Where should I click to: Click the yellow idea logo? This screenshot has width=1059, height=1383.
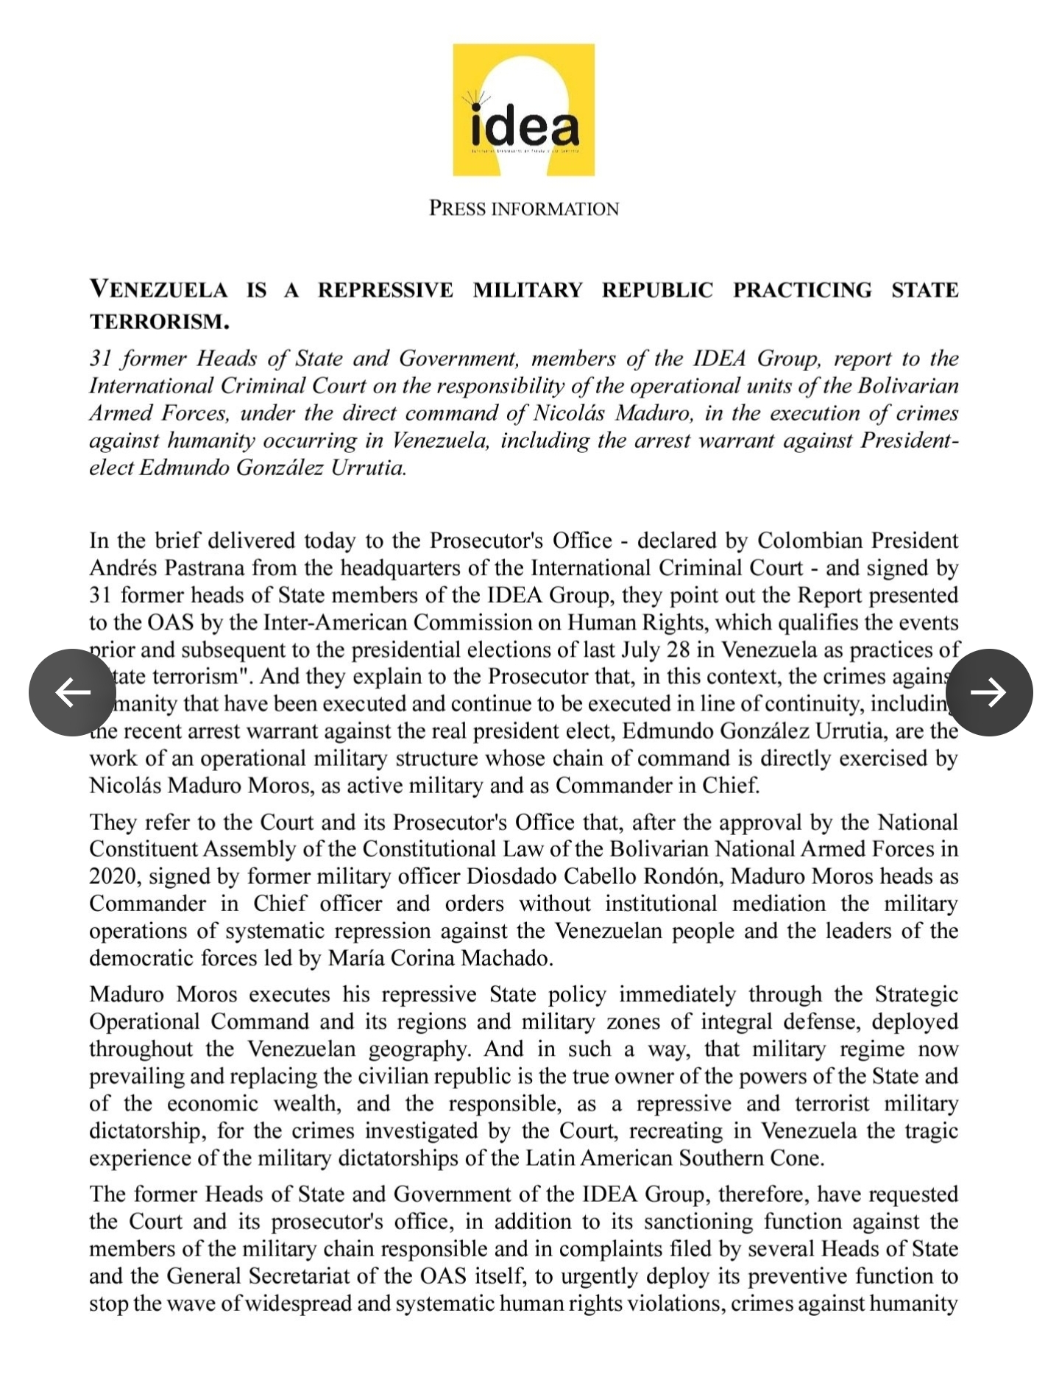pyautogui.click(x=523, y=110)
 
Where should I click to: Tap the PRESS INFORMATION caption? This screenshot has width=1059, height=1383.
pyautogui.click(x=523, y=209)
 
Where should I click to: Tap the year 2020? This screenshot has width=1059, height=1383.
pyautogui.click(x=113, y=876)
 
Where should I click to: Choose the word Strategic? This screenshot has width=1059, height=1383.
pyautogui.click(x=916, y=994)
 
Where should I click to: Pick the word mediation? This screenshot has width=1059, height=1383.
pyautogui.click(x=798, y=904)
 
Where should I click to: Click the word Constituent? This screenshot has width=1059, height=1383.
pyautogui.click(x=143, y=849)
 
